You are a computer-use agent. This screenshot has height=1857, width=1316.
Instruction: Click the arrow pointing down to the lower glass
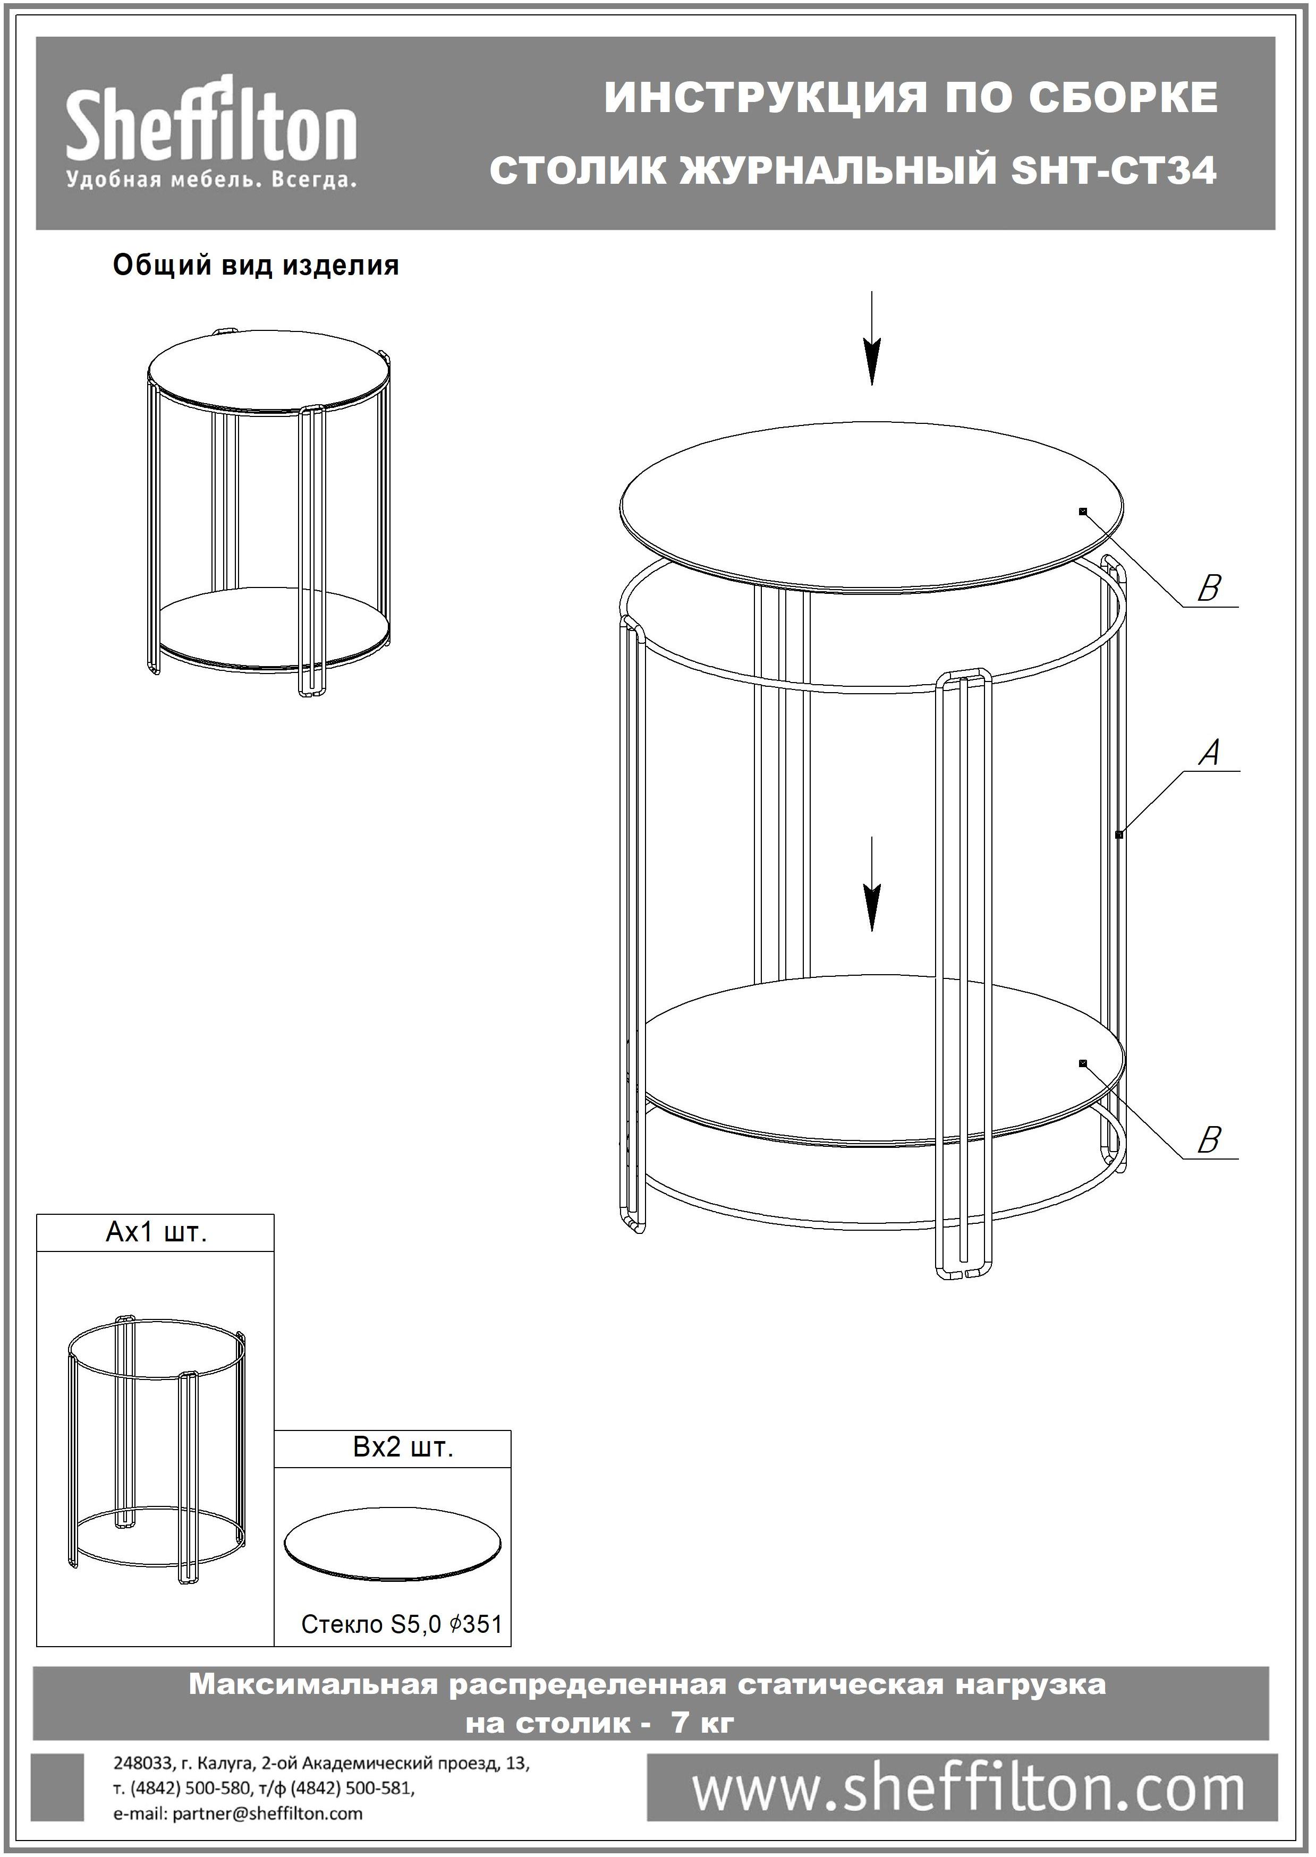coord(871,884)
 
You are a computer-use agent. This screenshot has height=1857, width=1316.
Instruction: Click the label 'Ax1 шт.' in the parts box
coord(156,1233)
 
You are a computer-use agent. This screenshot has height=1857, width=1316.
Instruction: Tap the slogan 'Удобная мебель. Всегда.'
coord(211,180)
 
